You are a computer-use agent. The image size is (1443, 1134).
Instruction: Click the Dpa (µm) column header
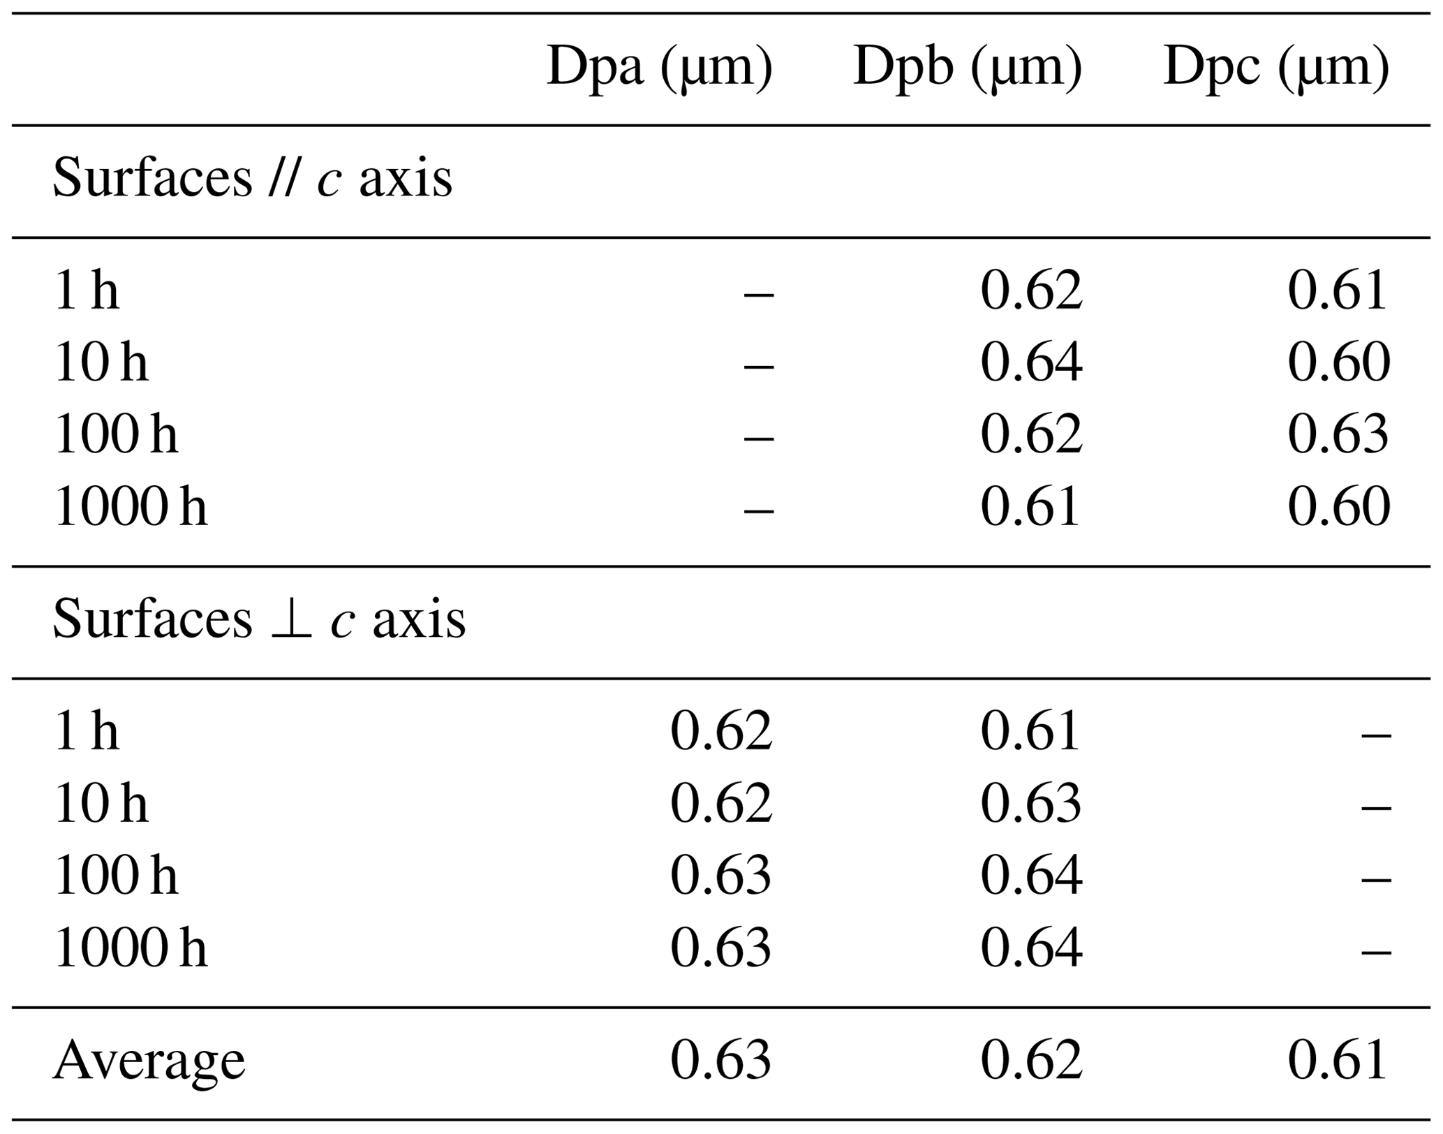(x=659, y=68)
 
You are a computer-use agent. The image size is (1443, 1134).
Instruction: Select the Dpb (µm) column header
(x=967, y=68)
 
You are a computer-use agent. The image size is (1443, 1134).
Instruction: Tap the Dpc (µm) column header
(x=1275, y=68)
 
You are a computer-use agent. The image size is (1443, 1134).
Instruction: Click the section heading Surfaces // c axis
(x=252, y=179)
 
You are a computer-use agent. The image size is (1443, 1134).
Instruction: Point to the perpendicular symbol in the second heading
(x=290, y=620)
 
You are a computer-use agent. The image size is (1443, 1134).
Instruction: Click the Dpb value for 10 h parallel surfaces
(x=1031, y=362)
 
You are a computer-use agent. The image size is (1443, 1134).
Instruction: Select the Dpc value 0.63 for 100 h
(x=1338, y=434)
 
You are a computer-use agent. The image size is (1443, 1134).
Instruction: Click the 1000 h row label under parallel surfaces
(x=131, y=506)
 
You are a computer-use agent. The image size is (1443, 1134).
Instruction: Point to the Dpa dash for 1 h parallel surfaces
(x=759, y=293)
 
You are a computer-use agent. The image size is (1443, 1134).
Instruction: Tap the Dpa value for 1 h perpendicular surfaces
(x=720, y=732)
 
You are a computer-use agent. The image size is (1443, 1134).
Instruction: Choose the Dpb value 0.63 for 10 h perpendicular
(x=1031, y=804)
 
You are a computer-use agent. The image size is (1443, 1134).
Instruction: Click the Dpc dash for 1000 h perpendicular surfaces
(x=1376, y=950)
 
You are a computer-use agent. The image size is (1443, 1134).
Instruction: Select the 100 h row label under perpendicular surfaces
(x=116, y=876)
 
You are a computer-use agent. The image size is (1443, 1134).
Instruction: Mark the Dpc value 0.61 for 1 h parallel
(x=1338, y=290)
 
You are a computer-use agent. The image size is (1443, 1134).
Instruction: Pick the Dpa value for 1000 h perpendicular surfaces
(x=720, y=948)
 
